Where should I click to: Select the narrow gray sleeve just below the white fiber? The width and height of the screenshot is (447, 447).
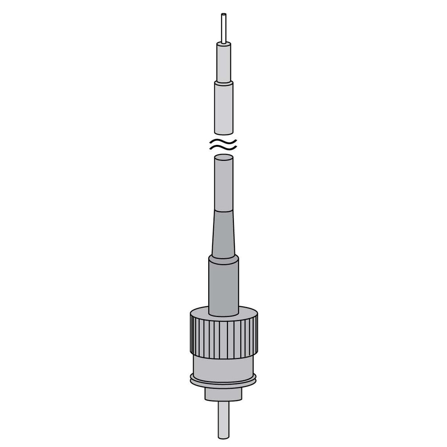pos(224,63)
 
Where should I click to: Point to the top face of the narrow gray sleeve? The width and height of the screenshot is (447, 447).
pos(224,44)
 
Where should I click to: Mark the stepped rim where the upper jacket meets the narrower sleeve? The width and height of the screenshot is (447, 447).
pos(224,83)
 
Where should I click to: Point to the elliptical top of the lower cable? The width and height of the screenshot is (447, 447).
pos(224,158)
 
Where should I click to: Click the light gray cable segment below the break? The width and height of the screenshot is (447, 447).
pos(224,185)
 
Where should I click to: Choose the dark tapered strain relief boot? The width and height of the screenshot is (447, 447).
pos(224,235)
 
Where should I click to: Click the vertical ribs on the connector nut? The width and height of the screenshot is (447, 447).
pos(223,336)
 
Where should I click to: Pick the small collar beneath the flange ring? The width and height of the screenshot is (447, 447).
pos(223,394)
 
